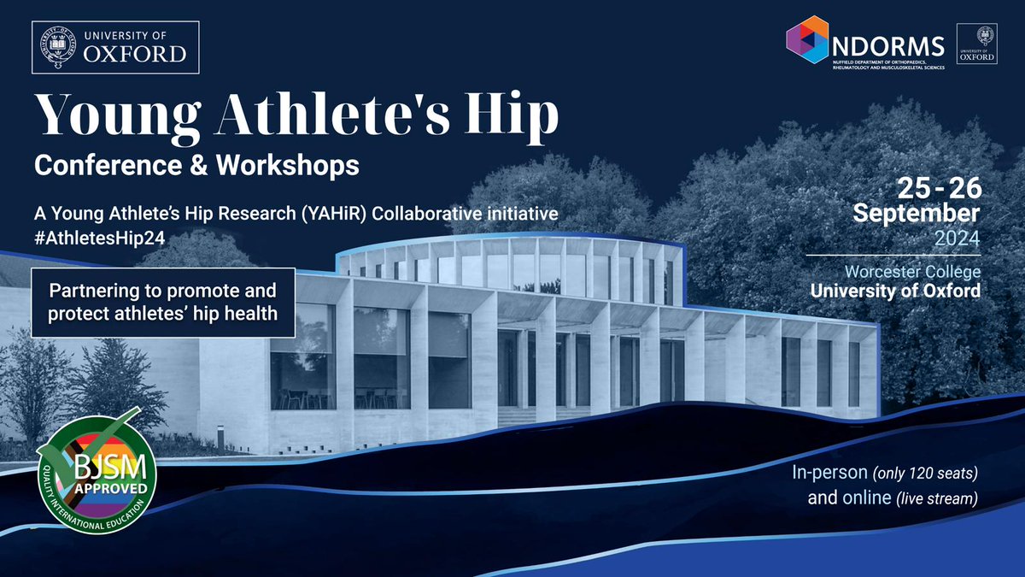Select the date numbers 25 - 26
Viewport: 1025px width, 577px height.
932,187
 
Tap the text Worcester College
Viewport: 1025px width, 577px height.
911,272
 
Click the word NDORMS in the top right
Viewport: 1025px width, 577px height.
888,43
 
